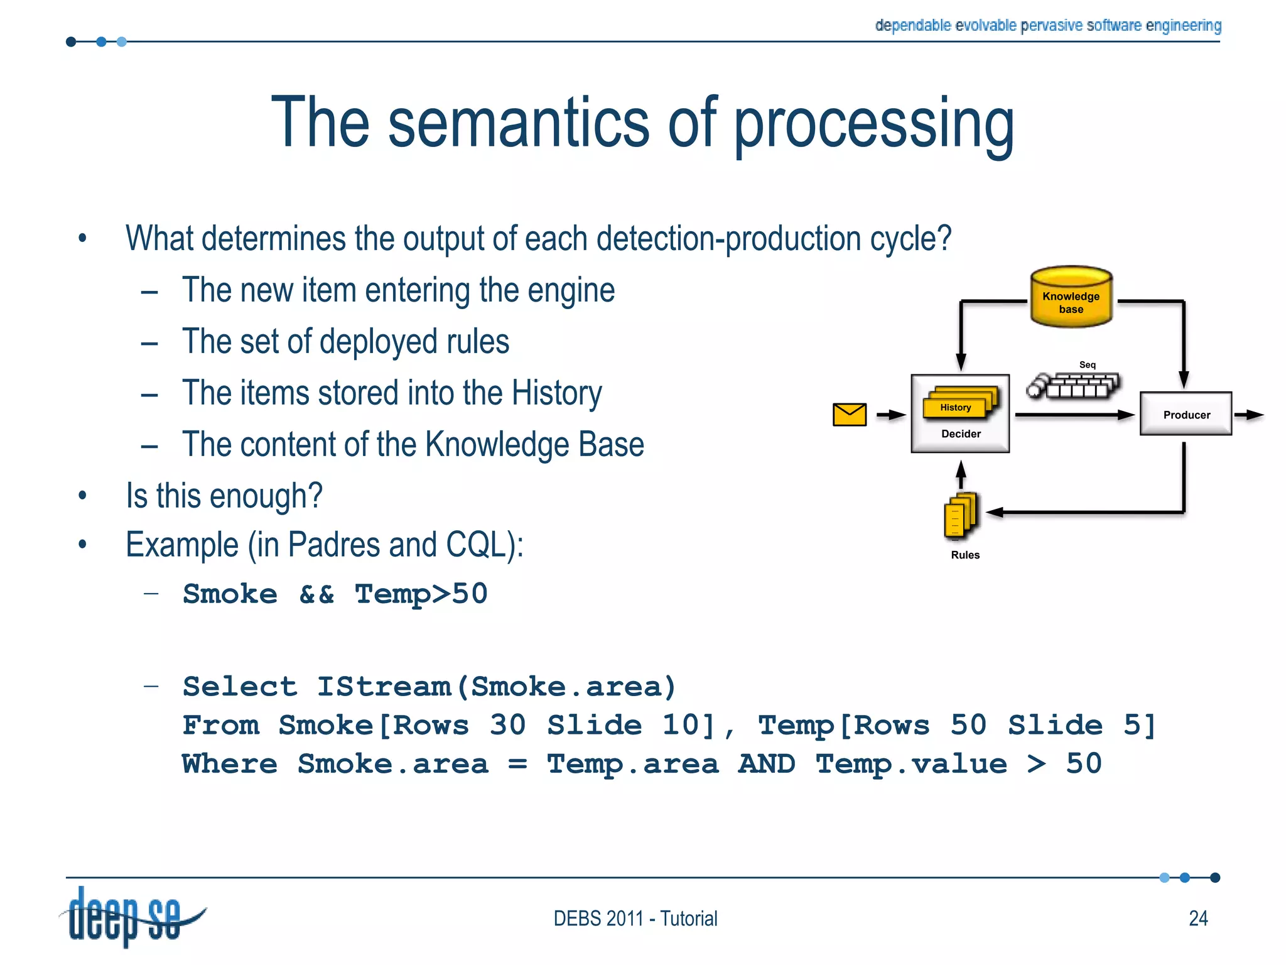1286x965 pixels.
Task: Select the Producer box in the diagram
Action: [x=1186, y=414]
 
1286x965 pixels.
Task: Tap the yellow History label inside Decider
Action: [x=955, y=407]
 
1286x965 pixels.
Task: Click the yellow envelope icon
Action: [x=849, y=414]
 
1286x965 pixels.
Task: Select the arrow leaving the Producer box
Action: [x=1249, y=415]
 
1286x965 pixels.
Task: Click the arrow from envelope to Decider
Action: [x=891, y=415]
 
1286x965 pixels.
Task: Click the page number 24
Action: [x=1198, y=918]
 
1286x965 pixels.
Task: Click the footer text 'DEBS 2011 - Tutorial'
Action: [x=635, y=918]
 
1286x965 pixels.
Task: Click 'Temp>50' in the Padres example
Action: [x=421, y=594]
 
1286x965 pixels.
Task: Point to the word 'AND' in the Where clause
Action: [x=767, y=764]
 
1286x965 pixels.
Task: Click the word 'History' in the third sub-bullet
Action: [x=556, y=393]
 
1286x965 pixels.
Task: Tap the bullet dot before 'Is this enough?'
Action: [x=82, y=496]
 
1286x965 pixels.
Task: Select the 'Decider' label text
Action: [x=961, y=433]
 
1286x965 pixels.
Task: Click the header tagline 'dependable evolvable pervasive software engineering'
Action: [x=1047, y=25]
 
